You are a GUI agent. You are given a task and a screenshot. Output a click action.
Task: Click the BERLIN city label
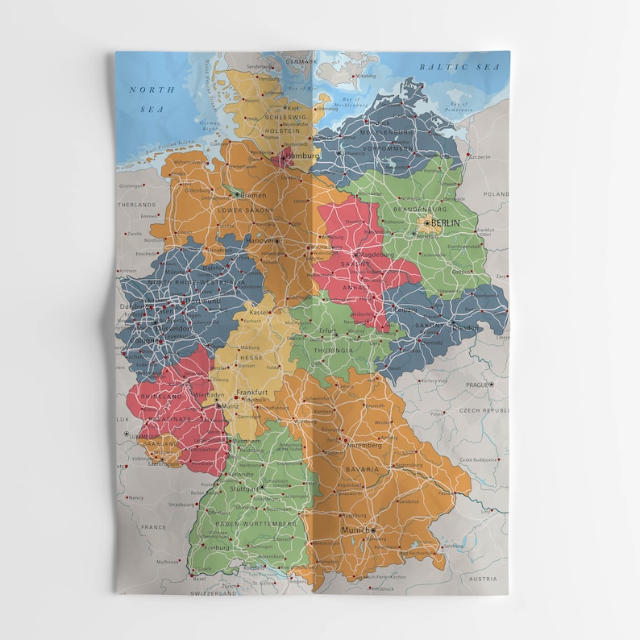point(445,223)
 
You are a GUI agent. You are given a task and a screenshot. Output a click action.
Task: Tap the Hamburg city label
point(302,155)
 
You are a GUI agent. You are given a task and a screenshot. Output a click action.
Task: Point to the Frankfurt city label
point(251,393)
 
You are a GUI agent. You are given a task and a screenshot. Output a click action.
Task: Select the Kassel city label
point(259,312)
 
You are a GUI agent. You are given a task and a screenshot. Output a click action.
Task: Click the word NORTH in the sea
point(147,89)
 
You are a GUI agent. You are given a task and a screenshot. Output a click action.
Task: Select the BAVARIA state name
point(363,468)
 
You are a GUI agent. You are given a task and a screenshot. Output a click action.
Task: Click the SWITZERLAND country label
point(213,592)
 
